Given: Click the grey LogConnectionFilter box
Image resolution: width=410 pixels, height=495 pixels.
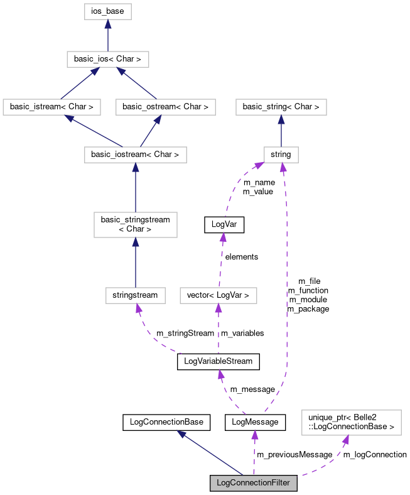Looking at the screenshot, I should tap(253, 483).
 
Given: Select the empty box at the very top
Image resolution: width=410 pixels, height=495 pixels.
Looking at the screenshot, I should tap(107, 11).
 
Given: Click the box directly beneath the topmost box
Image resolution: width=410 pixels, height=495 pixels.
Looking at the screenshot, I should tap(107, 59).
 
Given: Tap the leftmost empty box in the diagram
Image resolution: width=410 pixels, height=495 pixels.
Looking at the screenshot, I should tap(51, 107).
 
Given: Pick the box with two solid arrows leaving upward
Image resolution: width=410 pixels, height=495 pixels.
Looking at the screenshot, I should tap(136, 155).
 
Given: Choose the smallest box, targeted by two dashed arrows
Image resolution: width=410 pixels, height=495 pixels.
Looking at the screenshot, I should tap(281, 155).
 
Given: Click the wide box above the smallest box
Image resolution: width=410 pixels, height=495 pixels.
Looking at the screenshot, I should tap(281, 107).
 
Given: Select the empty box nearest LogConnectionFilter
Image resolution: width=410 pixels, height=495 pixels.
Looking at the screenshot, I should tap(351, 423).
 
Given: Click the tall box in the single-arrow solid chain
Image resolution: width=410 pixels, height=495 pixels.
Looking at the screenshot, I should tap(136, 225).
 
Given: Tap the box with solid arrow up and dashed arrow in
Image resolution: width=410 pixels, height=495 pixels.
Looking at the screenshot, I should tap(136, 295).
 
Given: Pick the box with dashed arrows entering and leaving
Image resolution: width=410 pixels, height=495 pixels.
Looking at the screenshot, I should tap(218, 295).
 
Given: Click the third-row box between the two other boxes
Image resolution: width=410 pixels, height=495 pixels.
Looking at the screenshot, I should tap(165, 107).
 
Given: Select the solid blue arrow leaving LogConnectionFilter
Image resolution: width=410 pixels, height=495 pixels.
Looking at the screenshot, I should tap(210, 453).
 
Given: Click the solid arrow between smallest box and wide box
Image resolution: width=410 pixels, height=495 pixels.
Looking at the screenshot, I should tap(281, 131).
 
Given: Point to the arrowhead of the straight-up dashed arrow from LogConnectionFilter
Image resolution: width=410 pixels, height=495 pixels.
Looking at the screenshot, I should tap(254, 435).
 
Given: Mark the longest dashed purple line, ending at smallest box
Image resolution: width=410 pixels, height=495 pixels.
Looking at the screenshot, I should tap(286, 283).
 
